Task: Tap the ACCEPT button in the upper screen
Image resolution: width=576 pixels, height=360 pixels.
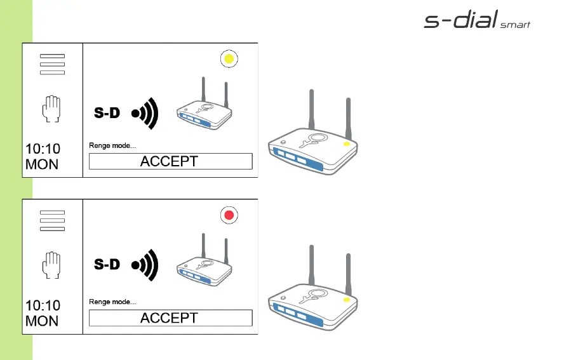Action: click(170, 161)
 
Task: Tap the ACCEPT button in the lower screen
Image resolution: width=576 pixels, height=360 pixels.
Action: click(170, 318)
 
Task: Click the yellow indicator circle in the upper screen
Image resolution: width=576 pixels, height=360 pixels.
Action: click(229, 59)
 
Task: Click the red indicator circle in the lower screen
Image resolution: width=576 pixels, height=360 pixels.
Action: click(229, 216)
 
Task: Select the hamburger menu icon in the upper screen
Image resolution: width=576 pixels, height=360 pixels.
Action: click(52, 64)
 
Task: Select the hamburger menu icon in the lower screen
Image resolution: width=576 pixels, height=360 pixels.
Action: click(52, 221)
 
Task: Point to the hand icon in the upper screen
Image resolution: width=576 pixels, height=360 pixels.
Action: click(51, 109)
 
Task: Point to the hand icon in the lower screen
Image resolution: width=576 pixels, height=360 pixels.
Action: click(51, 265)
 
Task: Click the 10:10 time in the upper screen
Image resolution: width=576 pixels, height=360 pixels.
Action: click(43, 149)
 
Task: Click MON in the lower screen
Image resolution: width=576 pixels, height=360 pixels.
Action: click(42, 321)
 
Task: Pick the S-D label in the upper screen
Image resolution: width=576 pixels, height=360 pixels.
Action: click(107, 114)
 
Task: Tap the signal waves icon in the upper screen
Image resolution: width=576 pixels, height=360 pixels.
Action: click(144, 114)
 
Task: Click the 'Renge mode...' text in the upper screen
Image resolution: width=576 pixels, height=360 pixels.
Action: click(112, 146)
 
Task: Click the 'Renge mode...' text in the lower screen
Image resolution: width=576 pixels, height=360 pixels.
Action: click(112, 302)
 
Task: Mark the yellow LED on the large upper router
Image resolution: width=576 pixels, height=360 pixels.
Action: click(346, 144)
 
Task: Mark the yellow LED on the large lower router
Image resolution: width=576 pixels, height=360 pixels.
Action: click(346, 299)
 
